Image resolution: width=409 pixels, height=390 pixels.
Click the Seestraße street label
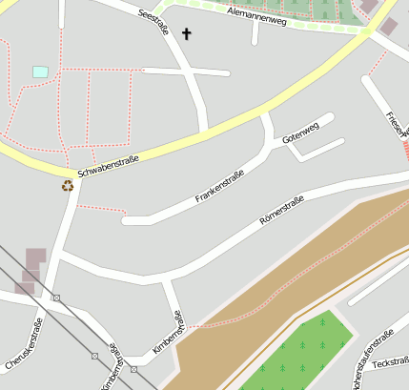153,23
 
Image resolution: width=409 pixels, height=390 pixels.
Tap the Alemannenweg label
257,16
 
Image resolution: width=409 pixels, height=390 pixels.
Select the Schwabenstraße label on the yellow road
108,166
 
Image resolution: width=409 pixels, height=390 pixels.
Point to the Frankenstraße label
220,186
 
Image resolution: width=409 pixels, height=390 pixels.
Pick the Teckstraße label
392,363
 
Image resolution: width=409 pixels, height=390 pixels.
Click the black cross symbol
187,35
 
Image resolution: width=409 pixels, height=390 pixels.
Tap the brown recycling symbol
67,186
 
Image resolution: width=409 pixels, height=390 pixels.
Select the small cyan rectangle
40,72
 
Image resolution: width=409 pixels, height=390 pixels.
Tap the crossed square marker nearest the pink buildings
56,298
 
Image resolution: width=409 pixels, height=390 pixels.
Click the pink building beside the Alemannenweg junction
388,26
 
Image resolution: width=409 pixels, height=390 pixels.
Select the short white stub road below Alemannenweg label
256,34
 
